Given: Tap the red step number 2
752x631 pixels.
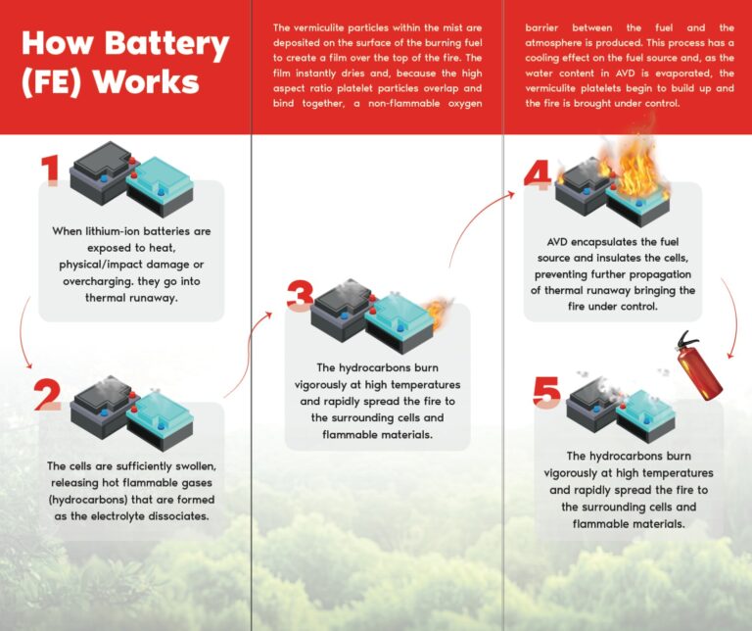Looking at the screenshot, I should pyautogui.click(x=48, y=393).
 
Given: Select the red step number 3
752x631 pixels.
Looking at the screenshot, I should pyautogui.click(x=301, y=296).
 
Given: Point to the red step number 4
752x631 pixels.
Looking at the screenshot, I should pyautogui.click(x=537, y=175).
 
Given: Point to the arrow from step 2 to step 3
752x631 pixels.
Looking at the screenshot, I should pyautogui.click(x=250, y=353).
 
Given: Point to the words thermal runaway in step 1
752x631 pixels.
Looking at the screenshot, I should pyautogui.click(x=130, y=300).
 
